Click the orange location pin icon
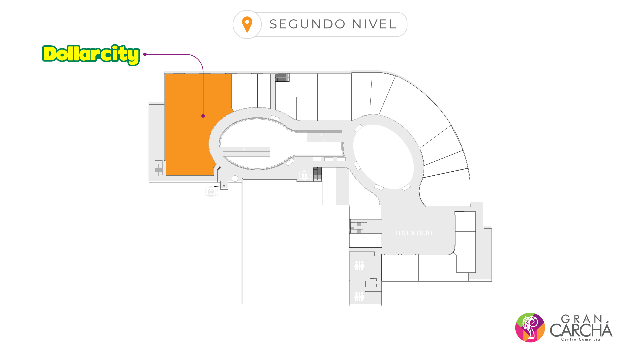247,24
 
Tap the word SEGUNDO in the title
307,24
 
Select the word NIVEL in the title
374,24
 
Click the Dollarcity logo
91,54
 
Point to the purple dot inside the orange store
203,116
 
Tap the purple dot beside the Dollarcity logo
145,54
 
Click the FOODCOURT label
414,233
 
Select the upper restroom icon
359,266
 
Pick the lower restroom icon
359,296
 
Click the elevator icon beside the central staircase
304,175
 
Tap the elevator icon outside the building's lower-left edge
211,192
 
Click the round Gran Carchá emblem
530,327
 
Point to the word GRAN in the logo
582,319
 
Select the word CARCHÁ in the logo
581,330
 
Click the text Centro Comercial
582,339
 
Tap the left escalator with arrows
246,152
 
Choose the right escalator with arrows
324,137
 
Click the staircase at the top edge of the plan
282,78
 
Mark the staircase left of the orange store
159,168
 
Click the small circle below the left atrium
235,179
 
